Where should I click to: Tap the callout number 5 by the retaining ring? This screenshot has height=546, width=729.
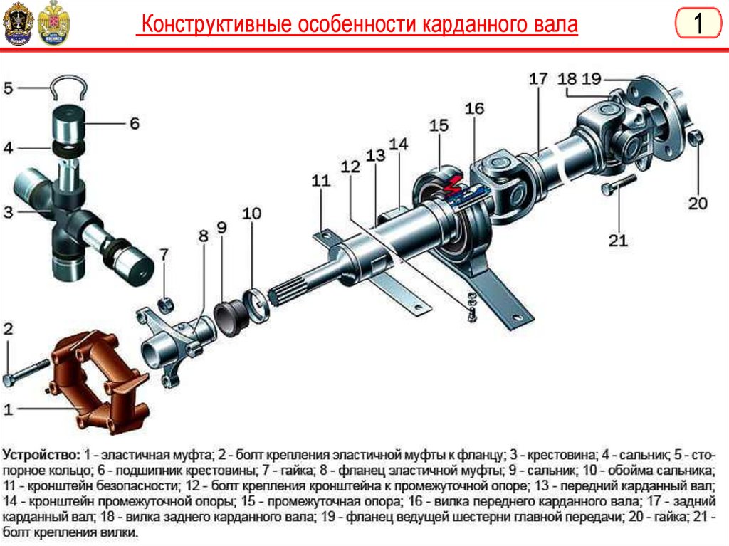pos(9,88)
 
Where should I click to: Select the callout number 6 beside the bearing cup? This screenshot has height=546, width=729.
pos(135,123)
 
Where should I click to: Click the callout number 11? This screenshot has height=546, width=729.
pos(321,181)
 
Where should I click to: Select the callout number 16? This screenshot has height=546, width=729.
pos(475,108)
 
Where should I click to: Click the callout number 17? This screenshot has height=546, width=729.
pos(538,78)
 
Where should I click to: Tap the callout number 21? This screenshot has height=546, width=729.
pos(618,240)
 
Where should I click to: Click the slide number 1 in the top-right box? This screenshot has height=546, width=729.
pos(698,24)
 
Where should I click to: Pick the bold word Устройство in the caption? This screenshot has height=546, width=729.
pos(41,453)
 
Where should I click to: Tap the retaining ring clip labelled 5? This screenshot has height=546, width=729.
pos(68,88)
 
